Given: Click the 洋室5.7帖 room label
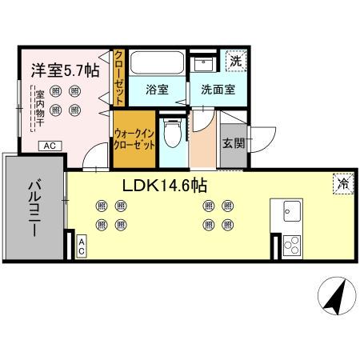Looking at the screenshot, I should point(66,70).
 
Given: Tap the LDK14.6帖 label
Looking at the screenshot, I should point(165,186).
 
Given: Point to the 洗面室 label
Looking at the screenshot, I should point(217,90).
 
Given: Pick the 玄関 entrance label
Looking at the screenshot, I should point(233,144).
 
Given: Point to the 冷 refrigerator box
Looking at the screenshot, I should point(342,182).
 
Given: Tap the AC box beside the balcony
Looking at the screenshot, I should point(81,247).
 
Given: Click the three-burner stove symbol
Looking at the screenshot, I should point(290,246).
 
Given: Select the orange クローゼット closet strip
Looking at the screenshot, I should point(118,78).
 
